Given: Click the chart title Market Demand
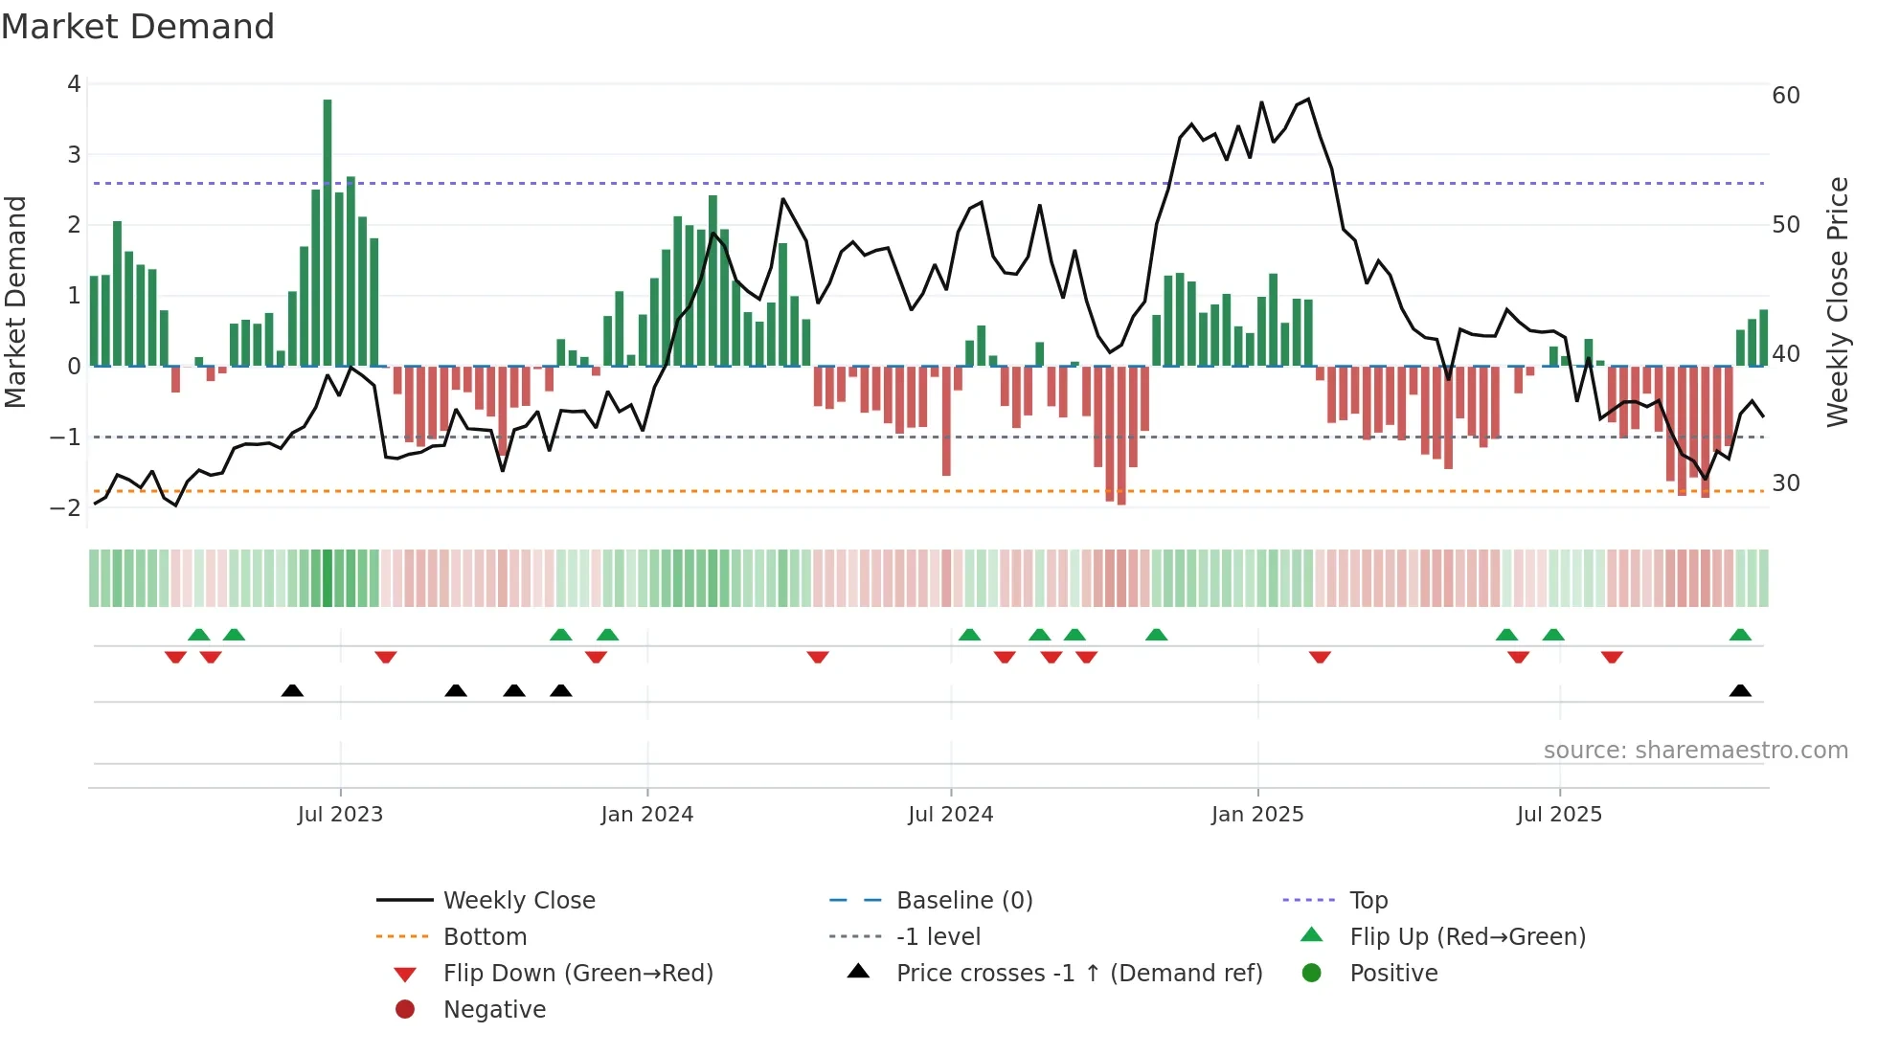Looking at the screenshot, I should [138, 27].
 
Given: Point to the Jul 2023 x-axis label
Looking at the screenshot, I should [340, 815].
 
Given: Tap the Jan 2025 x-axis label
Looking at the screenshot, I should [1256, 815].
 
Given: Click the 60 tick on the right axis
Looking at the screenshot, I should [1785, 96].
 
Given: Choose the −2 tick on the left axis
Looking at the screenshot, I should [66, 508].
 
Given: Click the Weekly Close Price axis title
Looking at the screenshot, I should [1837, 302].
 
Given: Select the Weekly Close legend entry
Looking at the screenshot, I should [518, 901].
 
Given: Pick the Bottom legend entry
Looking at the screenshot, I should [485, 937].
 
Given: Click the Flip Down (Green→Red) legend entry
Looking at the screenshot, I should [577, 974].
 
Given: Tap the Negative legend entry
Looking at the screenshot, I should [494, 1010].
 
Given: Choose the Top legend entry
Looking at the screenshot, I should [1368, 901].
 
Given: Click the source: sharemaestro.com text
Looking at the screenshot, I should [1695, 751].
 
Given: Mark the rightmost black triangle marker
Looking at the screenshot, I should [1740, 691].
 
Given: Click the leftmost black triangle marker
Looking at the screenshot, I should [292, 691].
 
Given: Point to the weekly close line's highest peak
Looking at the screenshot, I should [1308, 99].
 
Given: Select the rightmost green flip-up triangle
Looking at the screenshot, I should [1740, 635].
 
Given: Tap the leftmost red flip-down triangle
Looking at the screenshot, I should [175, 657].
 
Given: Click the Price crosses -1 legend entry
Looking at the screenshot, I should [1079, 974].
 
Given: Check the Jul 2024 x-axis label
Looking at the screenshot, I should [950, 815].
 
